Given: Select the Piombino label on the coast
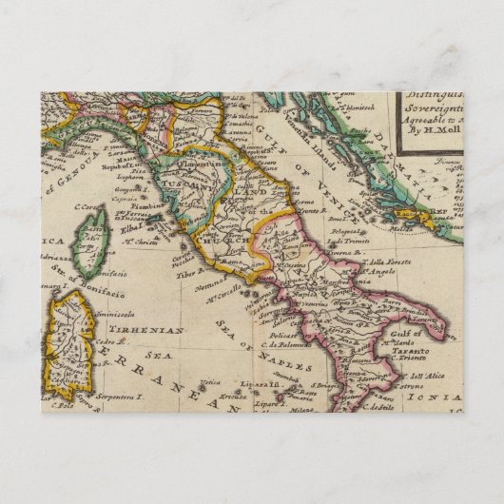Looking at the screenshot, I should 157,202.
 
